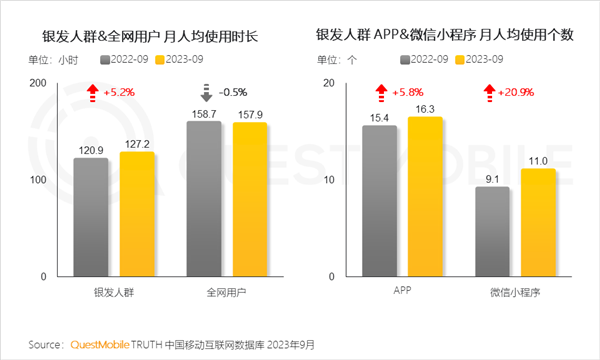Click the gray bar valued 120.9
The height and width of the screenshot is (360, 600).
90,217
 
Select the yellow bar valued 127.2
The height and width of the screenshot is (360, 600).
137,214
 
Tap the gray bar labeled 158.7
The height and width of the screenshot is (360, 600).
203,199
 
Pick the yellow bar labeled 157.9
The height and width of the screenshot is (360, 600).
249,199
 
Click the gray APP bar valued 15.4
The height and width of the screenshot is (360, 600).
379,200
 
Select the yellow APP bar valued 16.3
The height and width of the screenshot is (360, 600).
425,196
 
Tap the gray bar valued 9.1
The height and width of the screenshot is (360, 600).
492,231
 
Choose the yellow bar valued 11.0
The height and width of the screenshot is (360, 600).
538,222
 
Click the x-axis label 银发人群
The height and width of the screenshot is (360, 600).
113,292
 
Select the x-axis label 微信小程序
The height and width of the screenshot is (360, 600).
516,292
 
